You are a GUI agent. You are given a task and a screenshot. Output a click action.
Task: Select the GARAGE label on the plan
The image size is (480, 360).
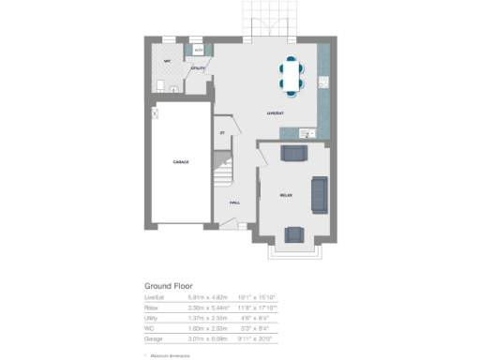(181, 162)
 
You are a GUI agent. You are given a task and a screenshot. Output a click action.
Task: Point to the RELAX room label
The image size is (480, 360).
(286, 195)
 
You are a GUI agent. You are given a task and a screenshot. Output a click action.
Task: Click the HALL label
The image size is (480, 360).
(234, 202)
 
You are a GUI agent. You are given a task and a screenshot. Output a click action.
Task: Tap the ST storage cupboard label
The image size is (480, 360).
(222, 132)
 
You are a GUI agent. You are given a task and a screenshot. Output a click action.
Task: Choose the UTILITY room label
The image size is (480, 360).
(198, 68)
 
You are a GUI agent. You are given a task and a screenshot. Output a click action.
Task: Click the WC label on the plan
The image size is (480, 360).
(167, 62)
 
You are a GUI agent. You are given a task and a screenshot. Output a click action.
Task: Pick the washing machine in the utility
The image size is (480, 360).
(198, 51)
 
